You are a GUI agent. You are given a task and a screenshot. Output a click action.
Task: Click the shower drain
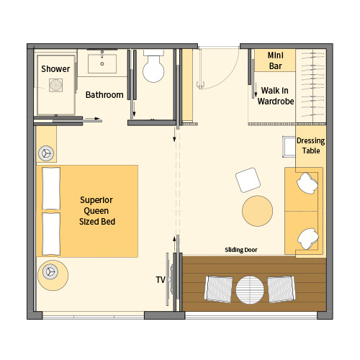point(56,85)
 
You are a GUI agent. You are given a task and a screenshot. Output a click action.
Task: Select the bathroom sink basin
point(102,63)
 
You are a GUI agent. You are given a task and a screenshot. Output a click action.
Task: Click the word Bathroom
point(104,95)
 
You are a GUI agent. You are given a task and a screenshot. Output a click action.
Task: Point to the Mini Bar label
point(276,60)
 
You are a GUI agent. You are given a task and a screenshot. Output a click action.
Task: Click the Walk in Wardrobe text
point(276,96)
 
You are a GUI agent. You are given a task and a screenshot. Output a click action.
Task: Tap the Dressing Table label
point(311,145)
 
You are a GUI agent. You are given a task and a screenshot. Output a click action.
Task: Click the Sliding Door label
point(241,250)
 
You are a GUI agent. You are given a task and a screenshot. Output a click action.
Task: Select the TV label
point(161,280)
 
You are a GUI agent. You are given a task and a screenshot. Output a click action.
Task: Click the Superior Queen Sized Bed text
point(97,211)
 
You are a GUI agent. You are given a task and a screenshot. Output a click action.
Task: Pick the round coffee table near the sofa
point(258,211)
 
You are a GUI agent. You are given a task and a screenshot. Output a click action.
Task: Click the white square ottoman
point(248,180)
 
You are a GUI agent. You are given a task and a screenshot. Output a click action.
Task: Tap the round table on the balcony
point(250,289)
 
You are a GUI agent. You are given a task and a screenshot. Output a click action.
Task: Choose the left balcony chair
point(219,289)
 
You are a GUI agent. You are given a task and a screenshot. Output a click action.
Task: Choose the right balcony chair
point(282,289)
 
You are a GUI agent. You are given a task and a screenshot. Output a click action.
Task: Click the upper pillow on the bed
point(51,189)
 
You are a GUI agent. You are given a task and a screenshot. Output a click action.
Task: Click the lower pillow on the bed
point(51,234)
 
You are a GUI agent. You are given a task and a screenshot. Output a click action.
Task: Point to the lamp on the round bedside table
point(50,272)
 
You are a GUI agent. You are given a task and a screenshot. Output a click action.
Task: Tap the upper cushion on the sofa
point(307,183)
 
